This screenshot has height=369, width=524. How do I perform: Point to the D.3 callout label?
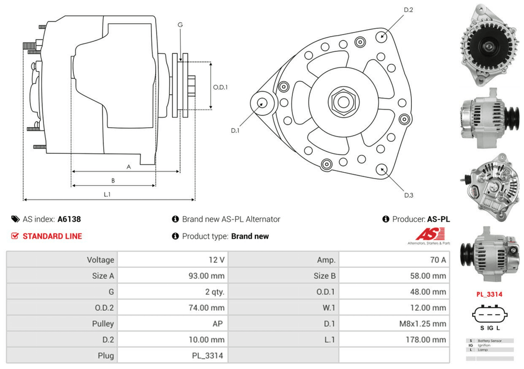point(409,195)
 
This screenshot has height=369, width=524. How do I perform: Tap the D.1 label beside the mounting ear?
point(235,130)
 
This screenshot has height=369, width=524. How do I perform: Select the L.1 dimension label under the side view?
point(107,194)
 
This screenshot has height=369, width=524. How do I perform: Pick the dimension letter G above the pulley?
point(180,25)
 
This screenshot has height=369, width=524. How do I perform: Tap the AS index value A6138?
point(69,219)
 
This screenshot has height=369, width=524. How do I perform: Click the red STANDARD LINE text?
point(52,236)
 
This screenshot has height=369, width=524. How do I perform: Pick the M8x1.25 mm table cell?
point(422,323)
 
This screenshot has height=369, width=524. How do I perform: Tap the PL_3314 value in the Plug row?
point(208,356)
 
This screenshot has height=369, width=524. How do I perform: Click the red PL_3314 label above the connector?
point(489,294)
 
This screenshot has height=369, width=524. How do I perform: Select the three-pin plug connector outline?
point(489,314)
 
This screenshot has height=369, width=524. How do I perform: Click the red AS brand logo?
point(429,233)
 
